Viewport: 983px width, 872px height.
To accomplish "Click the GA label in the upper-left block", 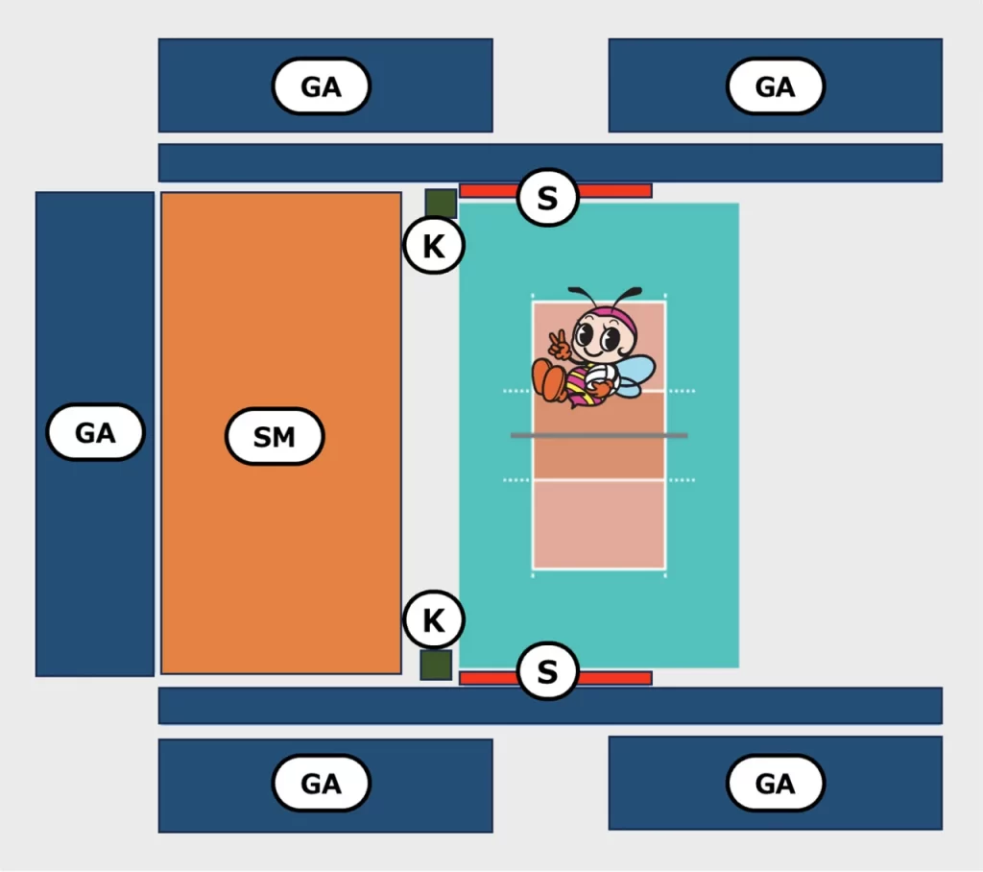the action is pyautogui.click(x=321, y=85).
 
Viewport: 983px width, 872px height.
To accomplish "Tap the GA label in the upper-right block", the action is pyautogui.click(x=776, y=85).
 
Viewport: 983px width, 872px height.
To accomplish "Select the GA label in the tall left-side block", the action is pyautogui.click(x=95, y=432).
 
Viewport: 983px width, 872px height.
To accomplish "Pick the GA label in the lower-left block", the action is pyautogui.click(x=321, y=783).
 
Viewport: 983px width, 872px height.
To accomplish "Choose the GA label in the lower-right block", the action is pyautogui.click(x=776, y=783).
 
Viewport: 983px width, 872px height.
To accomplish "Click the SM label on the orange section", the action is pyautogui.click(x=275, y=437).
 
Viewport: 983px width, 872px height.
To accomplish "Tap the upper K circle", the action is pyautogui.click(x=434, y=245).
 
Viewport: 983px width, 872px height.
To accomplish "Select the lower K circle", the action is pyautogui.click(x=434, y=619).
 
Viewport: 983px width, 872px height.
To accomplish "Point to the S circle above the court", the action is pyautogui.click(x=547, y=198).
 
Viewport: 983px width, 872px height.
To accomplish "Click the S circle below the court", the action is pyautogui.click(x=547, y=670).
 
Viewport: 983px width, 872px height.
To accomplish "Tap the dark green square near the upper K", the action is pyautogui.click(x=441, y=204).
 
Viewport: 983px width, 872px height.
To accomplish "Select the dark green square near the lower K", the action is pyautogui.click(x=436, y=665).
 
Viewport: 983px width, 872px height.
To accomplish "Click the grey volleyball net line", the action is pyautogui.click(x=599, y=435).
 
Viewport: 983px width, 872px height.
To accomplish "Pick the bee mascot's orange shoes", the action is pyautogui.click(x=549, y=378).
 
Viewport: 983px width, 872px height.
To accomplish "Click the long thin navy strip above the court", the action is pyautogui.click(x=550, y=162).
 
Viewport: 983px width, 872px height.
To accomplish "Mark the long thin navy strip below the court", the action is pyautogui.click(x=550, y=706).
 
